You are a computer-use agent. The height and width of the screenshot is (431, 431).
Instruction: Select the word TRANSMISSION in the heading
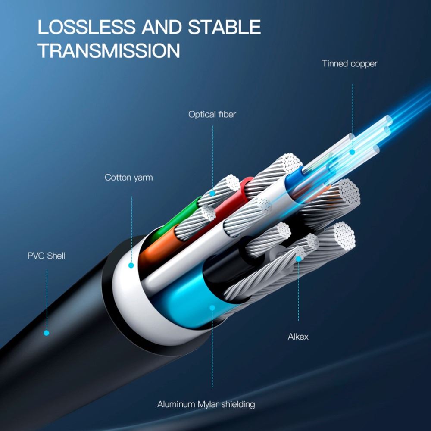pos(109,51)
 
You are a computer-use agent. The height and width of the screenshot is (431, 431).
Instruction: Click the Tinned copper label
pos(350,64)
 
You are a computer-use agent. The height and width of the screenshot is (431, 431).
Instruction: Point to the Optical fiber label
pos(212,115)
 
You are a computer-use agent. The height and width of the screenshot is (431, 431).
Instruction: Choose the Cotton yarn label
pos(128,178)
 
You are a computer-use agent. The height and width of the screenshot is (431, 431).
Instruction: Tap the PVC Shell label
pos(47,256)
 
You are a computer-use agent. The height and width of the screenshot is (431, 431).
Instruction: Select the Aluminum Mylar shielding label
pos(206,404)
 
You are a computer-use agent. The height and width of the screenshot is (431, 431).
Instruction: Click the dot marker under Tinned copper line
pos(352,152)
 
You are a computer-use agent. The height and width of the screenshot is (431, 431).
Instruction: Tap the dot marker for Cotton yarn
pos(131,265)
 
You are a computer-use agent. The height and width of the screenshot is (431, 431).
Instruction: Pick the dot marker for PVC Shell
pos(47,333)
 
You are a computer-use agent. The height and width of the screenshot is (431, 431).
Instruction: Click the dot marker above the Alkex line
pos(298,259)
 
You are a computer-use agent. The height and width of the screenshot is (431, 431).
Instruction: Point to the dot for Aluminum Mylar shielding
pos(212,308)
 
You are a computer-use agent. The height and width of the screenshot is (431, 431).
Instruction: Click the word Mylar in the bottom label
pos(209,404)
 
